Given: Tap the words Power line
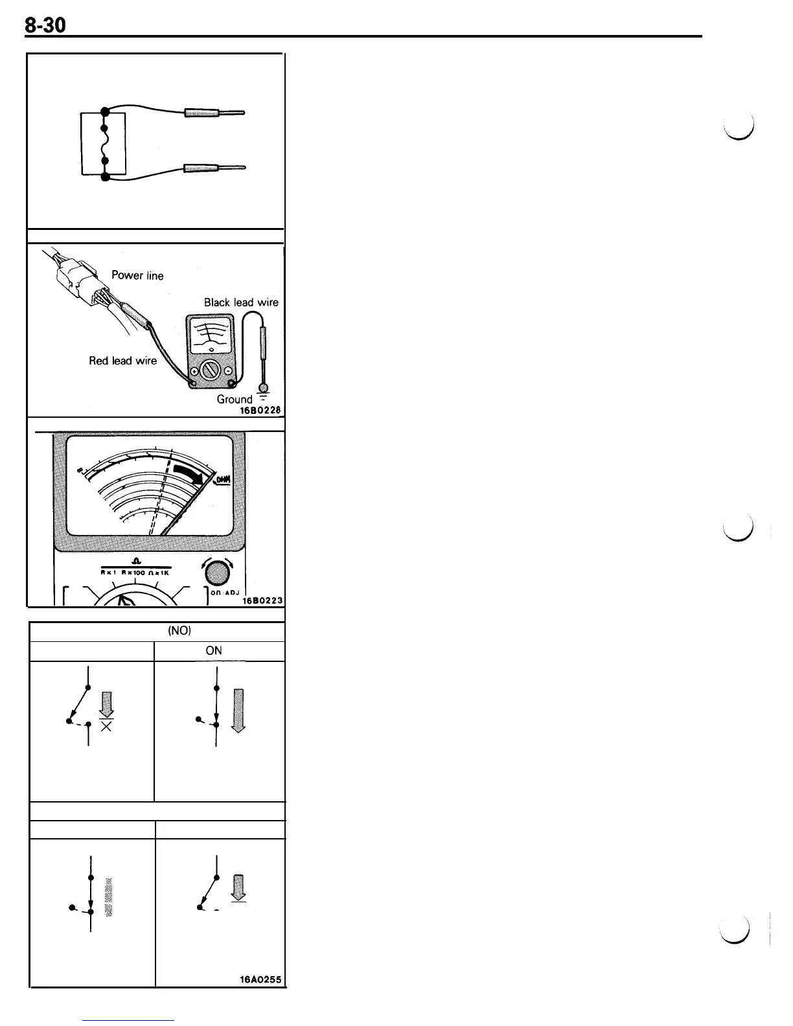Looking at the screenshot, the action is pyautogui.click(x=137, y=275).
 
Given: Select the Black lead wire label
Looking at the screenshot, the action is pyautogui.click(x=241, y=302).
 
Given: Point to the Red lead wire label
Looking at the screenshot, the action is pyautogui.click(x=122, y=361).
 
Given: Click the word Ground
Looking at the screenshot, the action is pyautogui.click(x=235, y=399).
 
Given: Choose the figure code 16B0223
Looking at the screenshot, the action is pyautogui.click(x=262, y=600).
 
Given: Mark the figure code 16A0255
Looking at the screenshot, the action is pyautogui.click(x=260, y=980).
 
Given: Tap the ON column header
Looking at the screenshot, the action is pyautogui.click(x=214, y=651).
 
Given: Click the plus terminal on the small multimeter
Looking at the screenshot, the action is pyautogui.click(x=194, y=370).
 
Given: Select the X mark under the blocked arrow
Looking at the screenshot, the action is pyautogui.click(x=107, y=726).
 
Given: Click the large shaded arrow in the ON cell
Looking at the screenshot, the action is pyautogui.click(x=238, y=710).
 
